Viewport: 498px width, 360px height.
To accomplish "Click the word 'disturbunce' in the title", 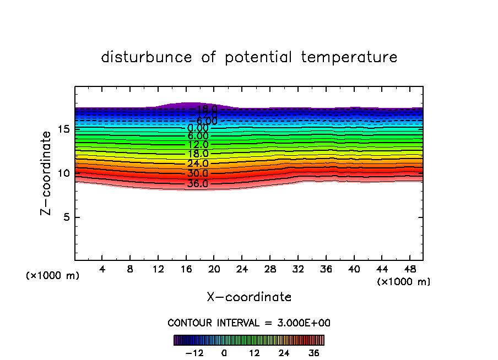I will tap(147, 57).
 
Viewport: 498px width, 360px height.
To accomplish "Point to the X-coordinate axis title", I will tap(249, 297).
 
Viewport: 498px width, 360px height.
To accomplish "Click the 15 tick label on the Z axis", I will tap(62, 129).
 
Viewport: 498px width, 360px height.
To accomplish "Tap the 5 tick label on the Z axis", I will tap(66, 217).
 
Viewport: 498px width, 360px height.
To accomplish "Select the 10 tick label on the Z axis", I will tap(62, 173).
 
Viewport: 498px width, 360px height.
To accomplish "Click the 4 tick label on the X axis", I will tap(102, 270).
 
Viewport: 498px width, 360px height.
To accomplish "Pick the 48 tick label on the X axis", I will tap(409, 270).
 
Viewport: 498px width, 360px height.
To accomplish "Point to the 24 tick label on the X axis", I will tap(242, 270).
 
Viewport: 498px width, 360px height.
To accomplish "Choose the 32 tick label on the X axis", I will tap(297, 270).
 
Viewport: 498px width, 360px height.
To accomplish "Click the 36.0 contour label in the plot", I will tap(198, 184).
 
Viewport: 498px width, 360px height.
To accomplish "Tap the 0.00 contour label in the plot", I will tap(198, 128).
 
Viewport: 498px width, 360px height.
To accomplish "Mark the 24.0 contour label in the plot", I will tap(198, 163).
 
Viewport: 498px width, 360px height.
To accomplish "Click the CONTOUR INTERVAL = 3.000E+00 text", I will tap(249, 323).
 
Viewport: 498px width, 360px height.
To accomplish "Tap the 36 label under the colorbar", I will tap(313, 353).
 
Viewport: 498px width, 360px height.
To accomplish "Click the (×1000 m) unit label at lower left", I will tap(53, 276).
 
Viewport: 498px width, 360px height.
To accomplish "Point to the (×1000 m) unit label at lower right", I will tap(404, 282).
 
